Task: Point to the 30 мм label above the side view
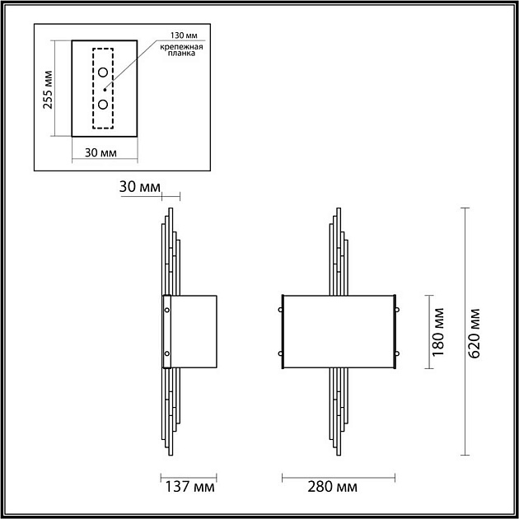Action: click(x=138, y=186)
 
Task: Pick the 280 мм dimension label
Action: click(x=334, y=488)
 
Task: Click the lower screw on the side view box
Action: click(x=167, y=353)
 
